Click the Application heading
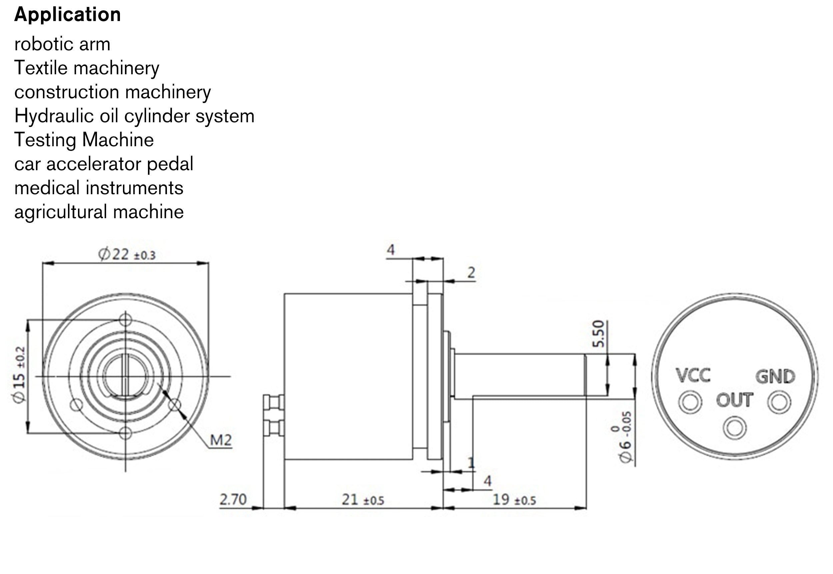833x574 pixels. click(67, 15)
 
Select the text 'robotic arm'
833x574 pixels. click(62, 44)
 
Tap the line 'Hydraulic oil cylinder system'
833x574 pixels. click(134, 116)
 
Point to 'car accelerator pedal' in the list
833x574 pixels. click(104, 164)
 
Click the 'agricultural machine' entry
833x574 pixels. click(99, 212)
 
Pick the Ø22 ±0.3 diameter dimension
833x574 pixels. click(127, 255)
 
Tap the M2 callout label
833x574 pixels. click(221, 440)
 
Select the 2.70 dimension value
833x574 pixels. click(233, 499)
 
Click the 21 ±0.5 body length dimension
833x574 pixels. click(363, 500)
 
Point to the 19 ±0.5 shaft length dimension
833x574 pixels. click(513, 500)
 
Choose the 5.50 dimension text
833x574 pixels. click(598, 333)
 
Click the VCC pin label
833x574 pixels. click(693, 375)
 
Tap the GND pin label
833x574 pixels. click(775, 376)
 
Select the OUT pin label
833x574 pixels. click(734, 400)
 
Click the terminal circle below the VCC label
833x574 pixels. click(690, 402)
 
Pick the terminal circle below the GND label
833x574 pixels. click(779, 402)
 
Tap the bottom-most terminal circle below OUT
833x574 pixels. click(734, 428)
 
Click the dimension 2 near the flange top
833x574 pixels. click(471, 273)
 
